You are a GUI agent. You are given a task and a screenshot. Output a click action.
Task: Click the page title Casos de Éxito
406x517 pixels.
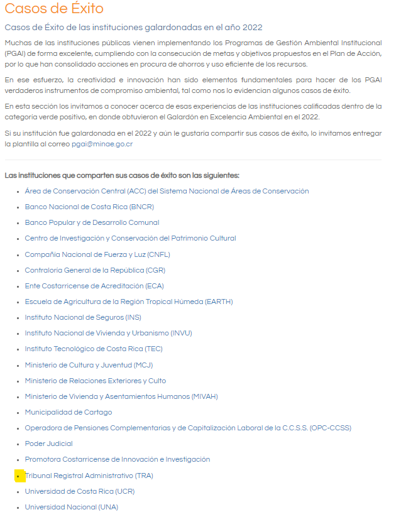[54, 9]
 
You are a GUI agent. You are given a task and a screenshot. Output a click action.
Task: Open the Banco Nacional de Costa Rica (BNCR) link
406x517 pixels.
[89, 207]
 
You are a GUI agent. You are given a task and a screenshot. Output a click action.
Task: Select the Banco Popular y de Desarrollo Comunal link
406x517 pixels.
[92, 222]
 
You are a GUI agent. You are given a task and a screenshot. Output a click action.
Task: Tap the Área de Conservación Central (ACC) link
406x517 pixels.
[167, 191]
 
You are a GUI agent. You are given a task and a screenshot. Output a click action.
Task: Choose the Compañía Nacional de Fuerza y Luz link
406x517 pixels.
[97, 254]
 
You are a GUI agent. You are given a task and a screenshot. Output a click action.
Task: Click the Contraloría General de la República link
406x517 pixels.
[94, 270]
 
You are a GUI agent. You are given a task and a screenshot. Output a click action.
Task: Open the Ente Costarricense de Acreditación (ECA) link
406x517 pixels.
[94, 286]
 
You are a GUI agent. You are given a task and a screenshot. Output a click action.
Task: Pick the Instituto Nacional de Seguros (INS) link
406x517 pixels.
[83, 317]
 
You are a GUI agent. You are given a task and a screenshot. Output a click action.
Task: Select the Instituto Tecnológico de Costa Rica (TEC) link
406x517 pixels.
[94, 349]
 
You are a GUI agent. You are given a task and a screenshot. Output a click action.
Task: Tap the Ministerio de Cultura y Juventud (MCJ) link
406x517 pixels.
[89, 365]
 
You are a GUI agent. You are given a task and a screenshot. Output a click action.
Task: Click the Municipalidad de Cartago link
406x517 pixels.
[69, 412]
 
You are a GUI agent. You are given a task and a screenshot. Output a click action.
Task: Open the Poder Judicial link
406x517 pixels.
[48, 444]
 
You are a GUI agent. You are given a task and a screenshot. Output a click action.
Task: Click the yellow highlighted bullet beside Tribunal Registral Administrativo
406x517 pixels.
[19, 476]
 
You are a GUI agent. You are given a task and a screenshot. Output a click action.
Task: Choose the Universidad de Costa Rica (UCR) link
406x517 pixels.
[80, 491]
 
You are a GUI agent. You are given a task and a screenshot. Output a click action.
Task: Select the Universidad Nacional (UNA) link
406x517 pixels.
[71, 507]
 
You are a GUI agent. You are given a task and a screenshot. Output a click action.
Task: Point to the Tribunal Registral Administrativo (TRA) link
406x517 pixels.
[89, 476]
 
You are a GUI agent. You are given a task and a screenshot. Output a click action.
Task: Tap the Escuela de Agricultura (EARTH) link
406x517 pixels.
[129, 302]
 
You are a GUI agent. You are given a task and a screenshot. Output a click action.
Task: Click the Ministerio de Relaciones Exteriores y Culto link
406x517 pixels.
[96, 381]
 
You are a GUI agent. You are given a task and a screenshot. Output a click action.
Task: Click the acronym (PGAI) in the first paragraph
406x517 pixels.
[15, 53]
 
